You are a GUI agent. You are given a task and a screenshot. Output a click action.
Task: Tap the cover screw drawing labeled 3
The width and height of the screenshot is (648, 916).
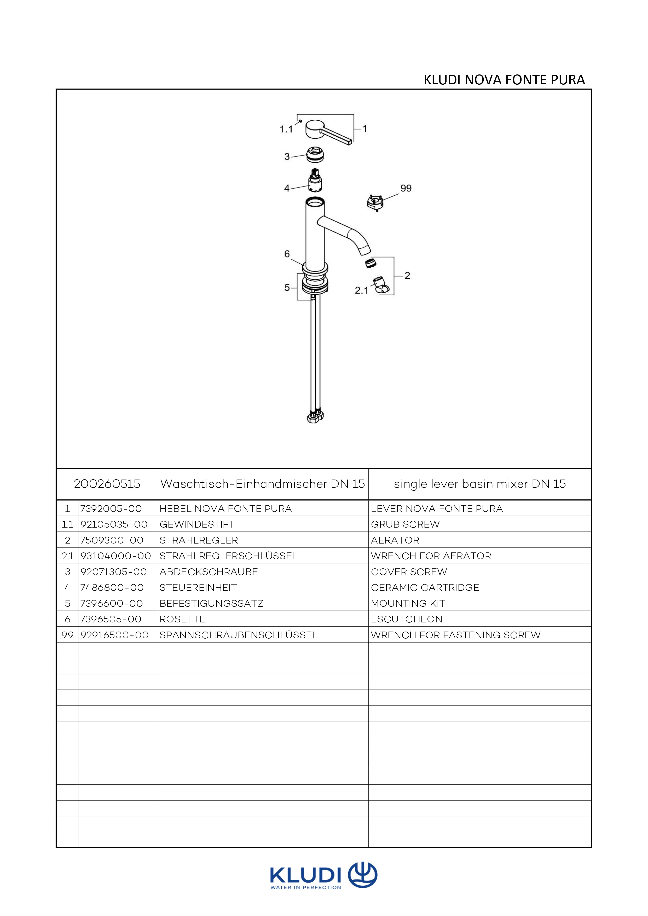pos(316,154)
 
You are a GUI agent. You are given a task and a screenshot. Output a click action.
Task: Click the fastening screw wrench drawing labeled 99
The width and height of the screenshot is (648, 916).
pos(375,202)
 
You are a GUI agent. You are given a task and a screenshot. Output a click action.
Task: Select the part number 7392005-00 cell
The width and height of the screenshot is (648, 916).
pos(111,509)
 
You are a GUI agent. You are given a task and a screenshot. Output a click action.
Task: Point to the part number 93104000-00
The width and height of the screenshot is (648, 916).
pos(116,556)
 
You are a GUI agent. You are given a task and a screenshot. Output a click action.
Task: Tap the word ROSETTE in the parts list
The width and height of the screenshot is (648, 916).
pos(182,619)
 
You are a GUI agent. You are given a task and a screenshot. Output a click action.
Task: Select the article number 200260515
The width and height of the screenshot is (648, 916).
pos(107,484)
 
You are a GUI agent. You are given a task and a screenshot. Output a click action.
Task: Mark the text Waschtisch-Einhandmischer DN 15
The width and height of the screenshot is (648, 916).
pos(263,484)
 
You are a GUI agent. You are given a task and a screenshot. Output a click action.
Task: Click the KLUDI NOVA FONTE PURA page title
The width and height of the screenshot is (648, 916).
pos(504,80)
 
